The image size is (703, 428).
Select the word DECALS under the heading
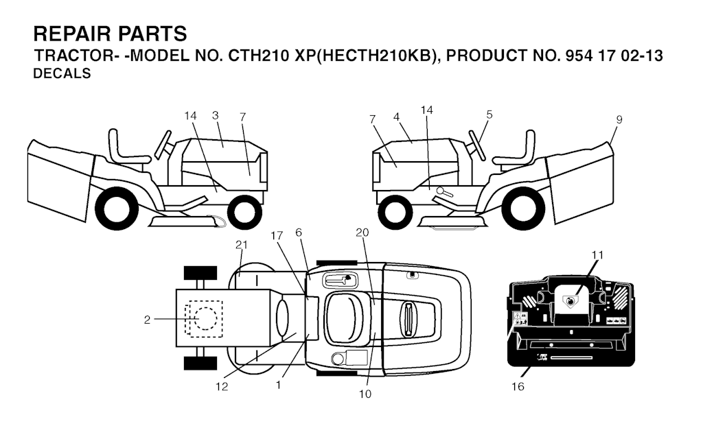tap(62, 73)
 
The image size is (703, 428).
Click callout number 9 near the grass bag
tap(619, 119)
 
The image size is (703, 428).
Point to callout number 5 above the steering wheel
tap(489, 115)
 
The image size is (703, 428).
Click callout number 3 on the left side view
tap(215, 115)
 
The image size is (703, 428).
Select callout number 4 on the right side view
tap(396, 117)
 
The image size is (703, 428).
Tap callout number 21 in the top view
tap(241, 244)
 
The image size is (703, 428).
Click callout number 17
tap(277, 235)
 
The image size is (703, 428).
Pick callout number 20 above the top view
tap(362, 233)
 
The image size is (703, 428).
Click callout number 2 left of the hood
tap(147, 320)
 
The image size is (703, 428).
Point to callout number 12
tap(222, 386)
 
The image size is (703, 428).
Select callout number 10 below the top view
tap(365, 394)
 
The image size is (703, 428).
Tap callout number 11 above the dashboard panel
tap(598, 255)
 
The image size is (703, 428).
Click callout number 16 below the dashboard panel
tap(518, 386)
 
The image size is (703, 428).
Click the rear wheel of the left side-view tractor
tap(117, 209)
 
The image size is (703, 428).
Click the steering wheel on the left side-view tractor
tap(163, 145)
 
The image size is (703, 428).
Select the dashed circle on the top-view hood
tap(205, 319)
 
